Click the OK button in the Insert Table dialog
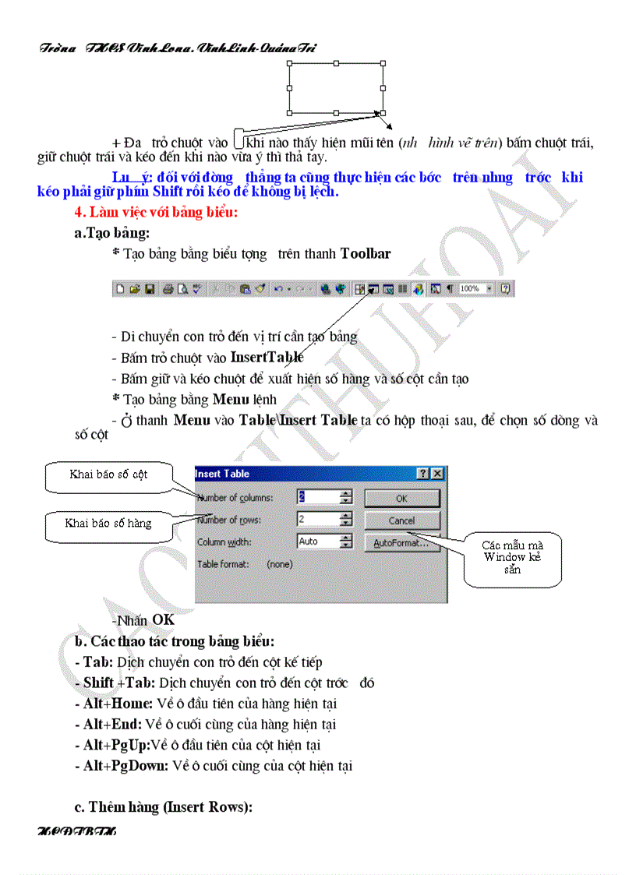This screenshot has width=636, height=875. pyautogui.click(x=401, y=498)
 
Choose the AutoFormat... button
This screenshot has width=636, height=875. pyautogui.click(x=401, y=542)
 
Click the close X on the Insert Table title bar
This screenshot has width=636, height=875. pyautogui.click(x=438, y=474)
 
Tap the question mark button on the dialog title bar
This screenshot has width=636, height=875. pyautogui.click(x=423, y=474)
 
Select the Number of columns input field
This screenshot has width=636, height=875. pyautogui.click(x=318, y=497)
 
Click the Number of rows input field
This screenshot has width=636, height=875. pyautogui.click(x=318, y=519)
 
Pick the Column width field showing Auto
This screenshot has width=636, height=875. pyautogui.click(x=318, y=541)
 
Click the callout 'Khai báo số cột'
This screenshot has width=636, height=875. pyautogui.click(x=108, y=475)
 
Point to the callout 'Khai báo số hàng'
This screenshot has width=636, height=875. pyautogui.click(x=108, y=524)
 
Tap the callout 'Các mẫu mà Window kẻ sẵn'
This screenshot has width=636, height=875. pyautogui.click(x=512, y=557)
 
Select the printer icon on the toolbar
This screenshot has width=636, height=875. pyautogui.click(x=168, y=289)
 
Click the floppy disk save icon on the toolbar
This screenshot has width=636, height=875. pyautogui.click(x=148, y=289)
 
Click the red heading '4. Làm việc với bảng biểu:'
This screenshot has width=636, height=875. pyautogui.click(x=156, y=212)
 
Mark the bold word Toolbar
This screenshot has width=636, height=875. pyautogui.click(x=366, y=253)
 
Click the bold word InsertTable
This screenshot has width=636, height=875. pyautogui.click(x=267, y=358)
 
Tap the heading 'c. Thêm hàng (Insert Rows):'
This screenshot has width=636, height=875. pyautogui.click(x=164, y=807)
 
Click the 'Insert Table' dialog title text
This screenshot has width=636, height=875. pyautogui.click(x=222, y=474)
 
